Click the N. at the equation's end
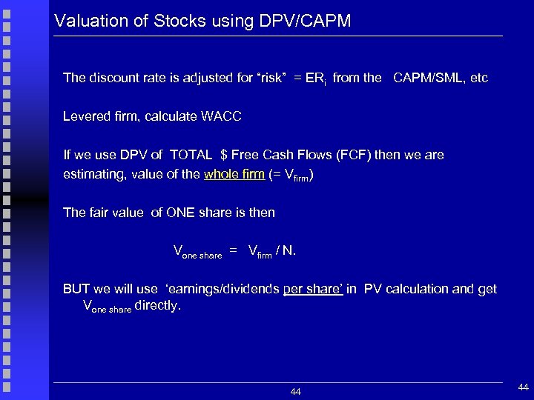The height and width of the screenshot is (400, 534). [x=289, y=251]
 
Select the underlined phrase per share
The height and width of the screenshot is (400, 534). [x=312, y=289]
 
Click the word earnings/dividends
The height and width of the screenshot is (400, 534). [x=222, y=289]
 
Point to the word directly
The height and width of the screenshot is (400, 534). [x=157, y=305]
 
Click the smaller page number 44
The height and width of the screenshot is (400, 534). [x=295, y=391]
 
